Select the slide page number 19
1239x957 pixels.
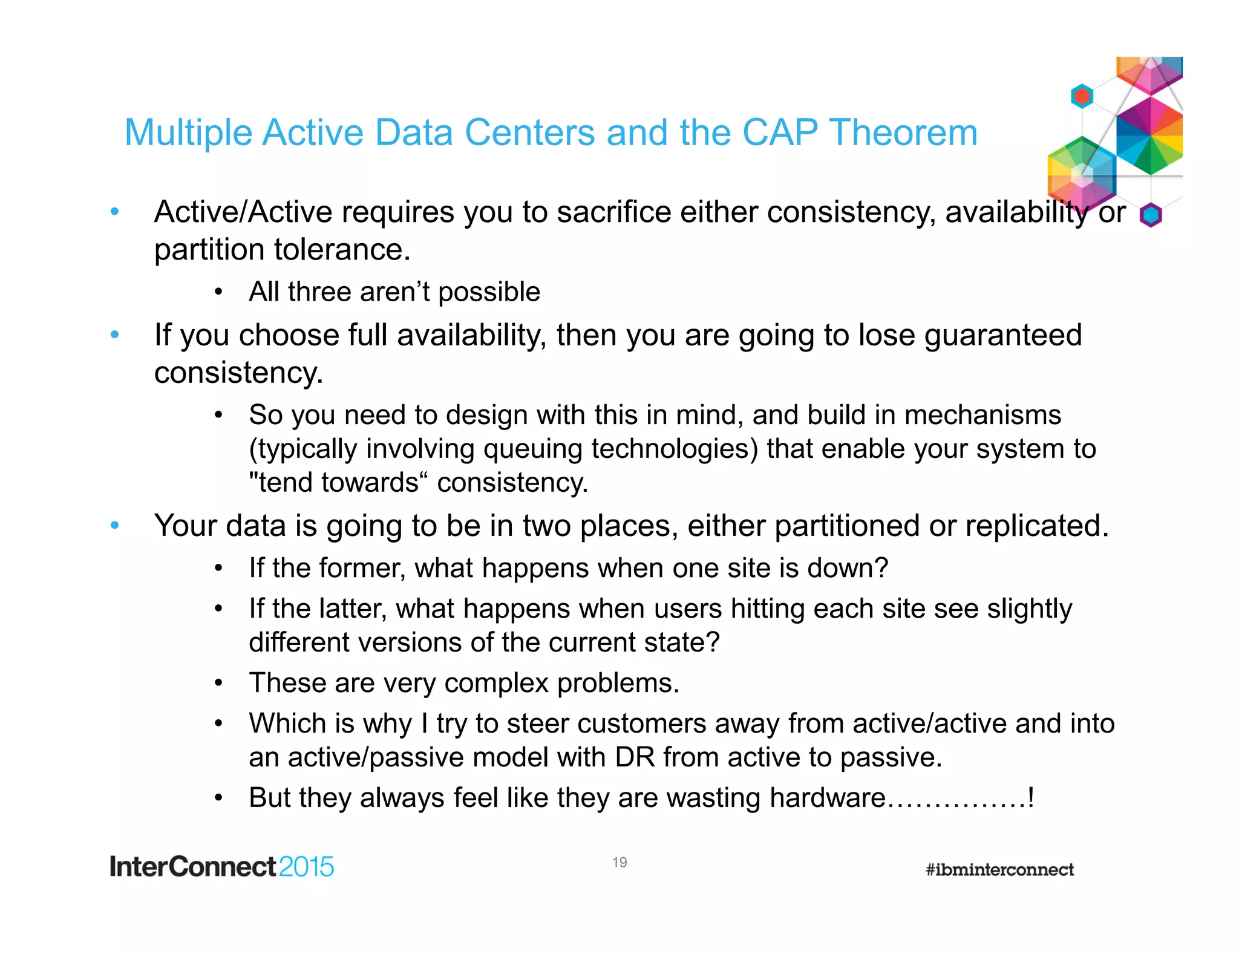pos(619,862)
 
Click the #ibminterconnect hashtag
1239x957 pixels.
pos(999,870)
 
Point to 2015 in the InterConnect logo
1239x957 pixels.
pos(306,867)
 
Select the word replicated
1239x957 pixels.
pos(1036,526)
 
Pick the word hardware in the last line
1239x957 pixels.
pos(828,798)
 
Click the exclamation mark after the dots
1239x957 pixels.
pos(1031,798)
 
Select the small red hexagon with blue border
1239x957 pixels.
pos(1082,96)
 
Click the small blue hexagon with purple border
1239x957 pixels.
pos(1151,215)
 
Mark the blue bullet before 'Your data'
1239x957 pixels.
pos(114,525)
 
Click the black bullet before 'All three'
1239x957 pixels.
pos(218,293)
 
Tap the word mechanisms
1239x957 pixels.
pos(982,416)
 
